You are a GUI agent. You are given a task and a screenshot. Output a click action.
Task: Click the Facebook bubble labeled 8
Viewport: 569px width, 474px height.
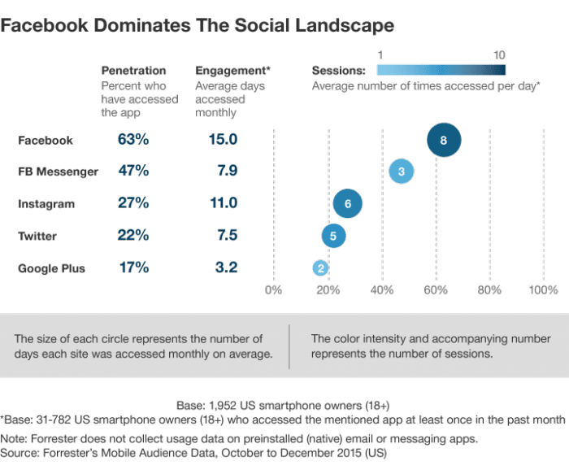[x=444, y=140]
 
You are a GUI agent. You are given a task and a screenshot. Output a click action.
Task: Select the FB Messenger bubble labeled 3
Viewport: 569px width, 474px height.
[x=402, y=172]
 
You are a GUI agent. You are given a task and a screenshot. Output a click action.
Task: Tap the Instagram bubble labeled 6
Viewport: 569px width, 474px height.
[x=348, y=204]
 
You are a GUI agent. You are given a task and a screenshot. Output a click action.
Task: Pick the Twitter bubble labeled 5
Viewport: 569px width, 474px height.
[x=333, y=236]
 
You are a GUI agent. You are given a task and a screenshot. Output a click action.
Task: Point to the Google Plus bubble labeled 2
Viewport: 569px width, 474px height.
[x=321, y=267]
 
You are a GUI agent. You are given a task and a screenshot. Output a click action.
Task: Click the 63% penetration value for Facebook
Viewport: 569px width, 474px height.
[x=133, y=140]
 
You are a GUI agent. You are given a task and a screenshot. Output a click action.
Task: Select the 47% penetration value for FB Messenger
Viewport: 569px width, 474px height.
[x=133, y=172]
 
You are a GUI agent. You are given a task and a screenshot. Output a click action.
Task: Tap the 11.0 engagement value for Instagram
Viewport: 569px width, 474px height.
[x=223, y=203]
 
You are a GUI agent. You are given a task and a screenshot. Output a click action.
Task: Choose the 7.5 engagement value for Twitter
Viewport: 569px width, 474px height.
[x=223, y=236]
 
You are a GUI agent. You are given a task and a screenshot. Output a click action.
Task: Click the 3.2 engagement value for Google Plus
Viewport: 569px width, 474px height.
[x=223, y=267]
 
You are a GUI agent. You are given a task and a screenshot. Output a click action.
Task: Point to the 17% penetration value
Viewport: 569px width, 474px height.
[x=133, y=267]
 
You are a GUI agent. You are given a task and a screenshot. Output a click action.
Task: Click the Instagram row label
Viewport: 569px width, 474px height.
[x=46, y=203]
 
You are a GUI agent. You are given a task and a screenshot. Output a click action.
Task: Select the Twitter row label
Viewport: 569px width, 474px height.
[x=39, y=236]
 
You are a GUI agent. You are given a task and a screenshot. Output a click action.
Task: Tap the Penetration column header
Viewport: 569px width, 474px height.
[x=133, y=71]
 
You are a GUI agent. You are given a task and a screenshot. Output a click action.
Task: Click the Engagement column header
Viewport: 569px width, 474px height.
[x=232, y=71]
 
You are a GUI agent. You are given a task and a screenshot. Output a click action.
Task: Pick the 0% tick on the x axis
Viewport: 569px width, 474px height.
[x=274, y=289]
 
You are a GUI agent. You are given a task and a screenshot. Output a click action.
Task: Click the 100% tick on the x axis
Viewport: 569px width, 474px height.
[x=542, y=289]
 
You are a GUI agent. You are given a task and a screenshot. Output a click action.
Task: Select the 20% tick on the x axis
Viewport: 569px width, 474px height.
[x=328, y=289]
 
